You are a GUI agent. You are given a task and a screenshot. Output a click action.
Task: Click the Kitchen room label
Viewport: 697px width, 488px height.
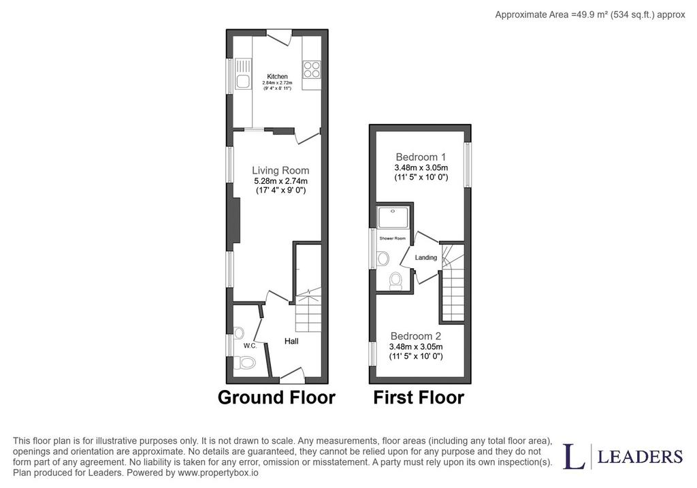277,76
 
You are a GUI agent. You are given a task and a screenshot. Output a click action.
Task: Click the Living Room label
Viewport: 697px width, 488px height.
280,170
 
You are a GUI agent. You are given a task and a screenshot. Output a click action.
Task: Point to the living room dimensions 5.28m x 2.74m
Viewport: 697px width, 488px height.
281,181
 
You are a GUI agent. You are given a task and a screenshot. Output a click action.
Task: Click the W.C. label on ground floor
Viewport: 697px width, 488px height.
250,346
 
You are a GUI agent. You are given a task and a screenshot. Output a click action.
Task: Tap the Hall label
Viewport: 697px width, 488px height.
291,341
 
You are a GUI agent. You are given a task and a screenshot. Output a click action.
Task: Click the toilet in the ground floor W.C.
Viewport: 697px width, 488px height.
244,363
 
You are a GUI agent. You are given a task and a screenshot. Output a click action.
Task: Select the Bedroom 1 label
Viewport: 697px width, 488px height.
421,157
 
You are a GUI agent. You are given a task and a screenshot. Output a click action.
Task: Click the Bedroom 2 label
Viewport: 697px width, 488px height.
416,336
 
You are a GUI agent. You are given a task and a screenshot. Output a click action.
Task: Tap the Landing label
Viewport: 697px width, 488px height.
426,257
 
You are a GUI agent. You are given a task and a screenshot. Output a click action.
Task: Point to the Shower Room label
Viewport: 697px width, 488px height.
393,239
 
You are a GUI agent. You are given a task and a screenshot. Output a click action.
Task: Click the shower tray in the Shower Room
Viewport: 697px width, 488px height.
394,218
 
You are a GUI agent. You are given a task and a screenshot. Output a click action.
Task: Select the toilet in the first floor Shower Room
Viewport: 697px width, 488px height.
395,280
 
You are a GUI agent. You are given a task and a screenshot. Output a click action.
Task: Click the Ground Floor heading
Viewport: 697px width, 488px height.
276,397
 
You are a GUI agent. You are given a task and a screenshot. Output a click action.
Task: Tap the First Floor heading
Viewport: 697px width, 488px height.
419,397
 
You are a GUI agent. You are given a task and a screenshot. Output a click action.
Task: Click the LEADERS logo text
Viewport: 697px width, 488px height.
640,457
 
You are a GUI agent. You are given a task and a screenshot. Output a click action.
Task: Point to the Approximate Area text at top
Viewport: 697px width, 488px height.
590,15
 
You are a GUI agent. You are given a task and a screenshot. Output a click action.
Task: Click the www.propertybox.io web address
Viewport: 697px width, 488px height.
218,473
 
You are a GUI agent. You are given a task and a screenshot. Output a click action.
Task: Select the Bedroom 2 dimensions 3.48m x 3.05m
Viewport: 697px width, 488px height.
416,346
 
